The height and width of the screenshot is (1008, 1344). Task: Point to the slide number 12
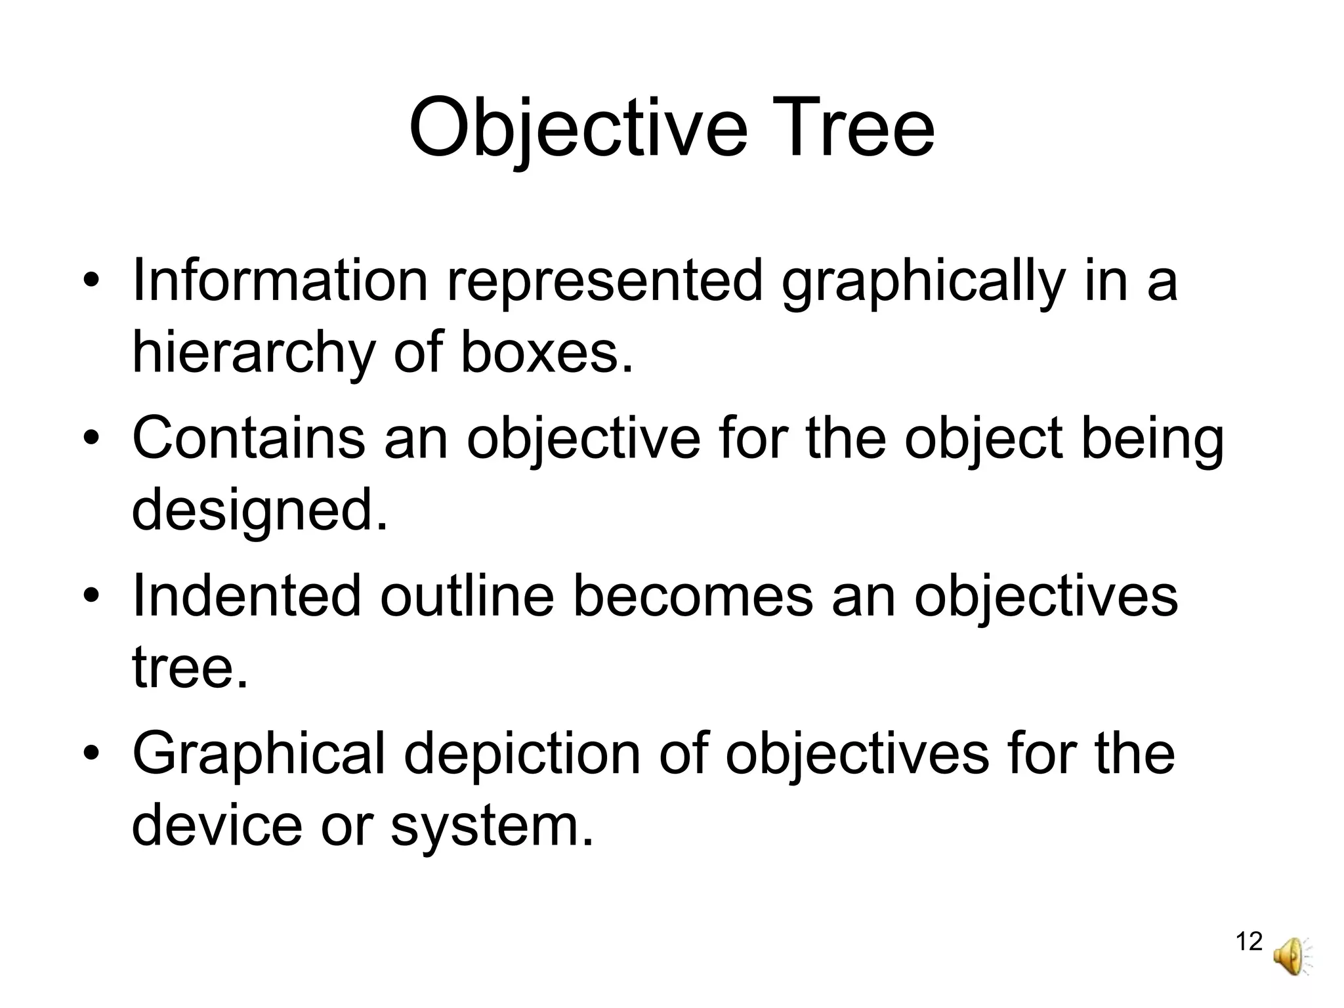[1249, 942]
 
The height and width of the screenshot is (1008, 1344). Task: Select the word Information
[280, 280]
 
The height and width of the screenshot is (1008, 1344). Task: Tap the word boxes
[548, 352]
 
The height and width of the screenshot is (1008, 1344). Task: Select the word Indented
[247, 595]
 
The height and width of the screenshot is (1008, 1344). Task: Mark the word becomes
[692, 595]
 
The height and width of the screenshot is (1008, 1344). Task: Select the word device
[217, 825]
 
